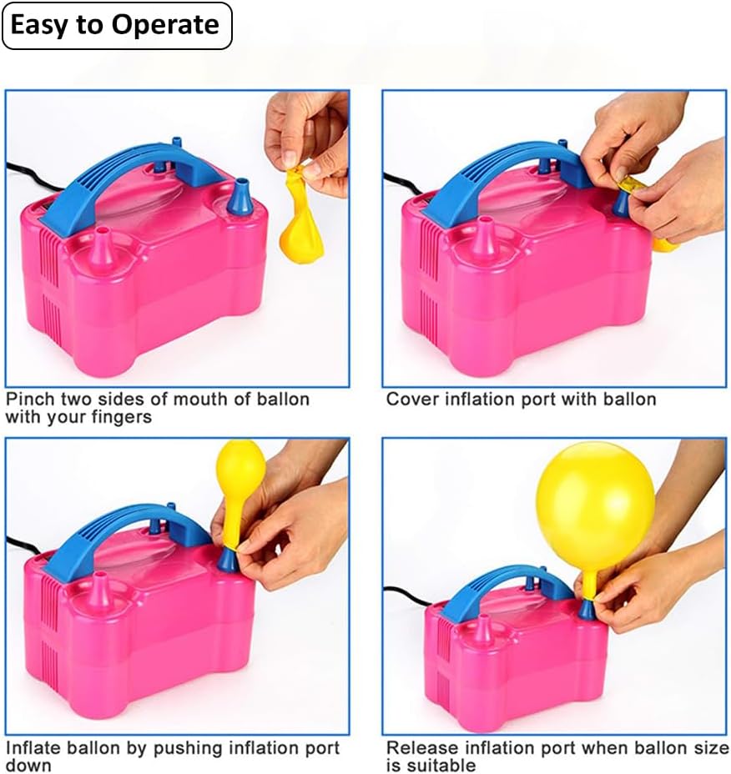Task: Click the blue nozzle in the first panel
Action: pyautogui.click(x=240, y=197)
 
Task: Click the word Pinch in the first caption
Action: pyautogui.click(x=31, y=400)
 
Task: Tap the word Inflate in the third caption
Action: pyautogui.click(x=34, y=748)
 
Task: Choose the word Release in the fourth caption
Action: pyautogui.click(x=423, y=748)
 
